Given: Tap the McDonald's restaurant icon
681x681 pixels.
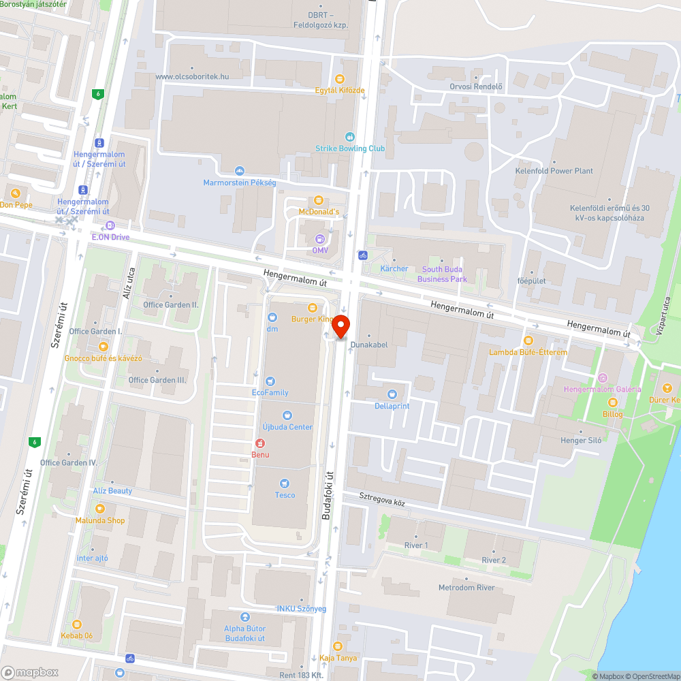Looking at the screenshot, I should (318, 200).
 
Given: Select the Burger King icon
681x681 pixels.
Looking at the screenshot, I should (313, 307).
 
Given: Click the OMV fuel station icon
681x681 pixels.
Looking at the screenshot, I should (320, 238).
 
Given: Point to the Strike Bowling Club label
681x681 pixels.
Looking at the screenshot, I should (350, 148).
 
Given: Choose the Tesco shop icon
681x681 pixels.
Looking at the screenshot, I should (285, 483).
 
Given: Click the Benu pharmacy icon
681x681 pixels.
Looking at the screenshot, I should (260, 443).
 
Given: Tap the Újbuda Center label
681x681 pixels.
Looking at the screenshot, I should (287, 427).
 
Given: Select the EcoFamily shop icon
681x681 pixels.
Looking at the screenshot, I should (270, 381).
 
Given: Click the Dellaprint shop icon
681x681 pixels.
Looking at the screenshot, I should (392, 394).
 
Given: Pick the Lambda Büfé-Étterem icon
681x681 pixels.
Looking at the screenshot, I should (528, 340).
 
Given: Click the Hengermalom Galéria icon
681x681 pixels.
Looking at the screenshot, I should (602, 377).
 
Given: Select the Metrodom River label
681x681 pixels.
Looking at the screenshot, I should (466, 587).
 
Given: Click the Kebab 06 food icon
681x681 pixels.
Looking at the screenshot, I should (76, 624).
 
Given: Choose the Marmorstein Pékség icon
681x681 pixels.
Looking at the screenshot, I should (239, 170).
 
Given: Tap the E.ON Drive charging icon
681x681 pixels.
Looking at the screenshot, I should (110, 225).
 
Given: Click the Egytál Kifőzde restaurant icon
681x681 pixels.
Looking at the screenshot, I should (339, 79).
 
